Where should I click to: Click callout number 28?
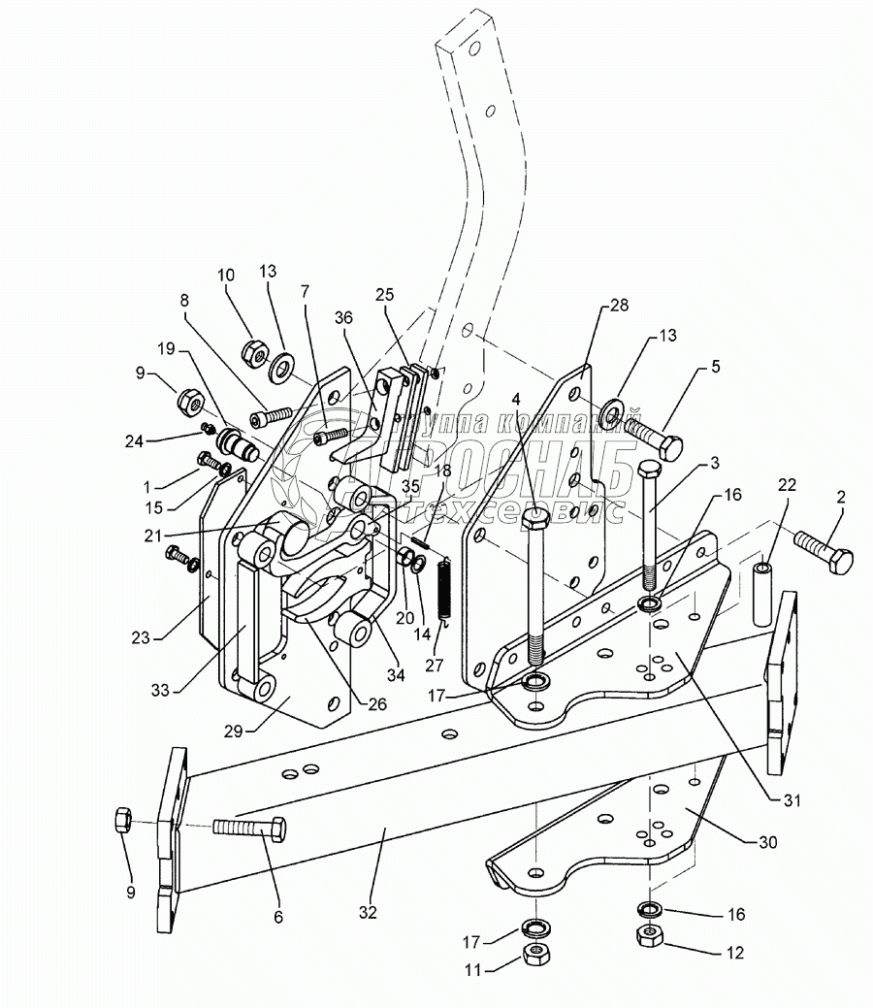click(620, 305)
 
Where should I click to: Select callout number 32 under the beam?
click(367, 913)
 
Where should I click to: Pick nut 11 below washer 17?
click(533, 953)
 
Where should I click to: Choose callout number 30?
click(765, 843)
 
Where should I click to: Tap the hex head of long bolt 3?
click(650, 471)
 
